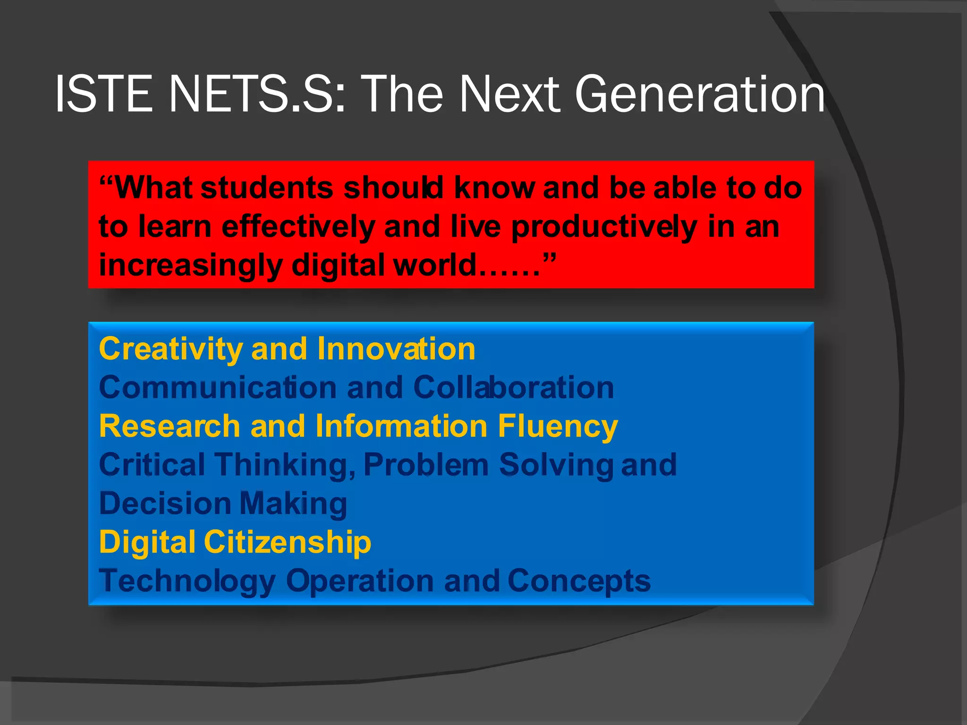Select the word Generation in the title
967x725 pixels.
(x=699, y=94)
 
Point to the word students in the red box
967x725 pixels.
(x=267, y=188)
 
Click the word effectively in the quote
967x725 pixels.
(x=297, y=227)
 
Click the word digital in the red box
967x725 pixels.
(x=338, y=265)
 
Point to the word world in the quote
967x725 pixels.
(x=434, y=265)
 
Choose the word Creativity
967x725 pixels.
(x=170, y=350)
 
